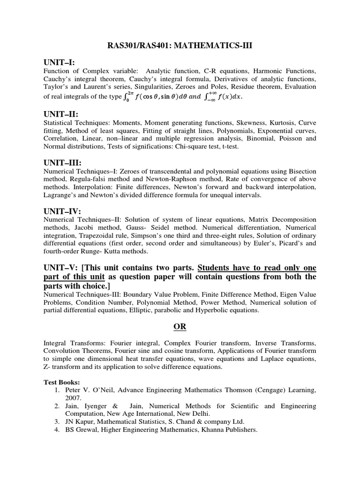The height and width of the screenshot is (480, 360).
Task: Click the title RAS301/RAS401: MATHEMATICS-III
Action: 180,45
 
